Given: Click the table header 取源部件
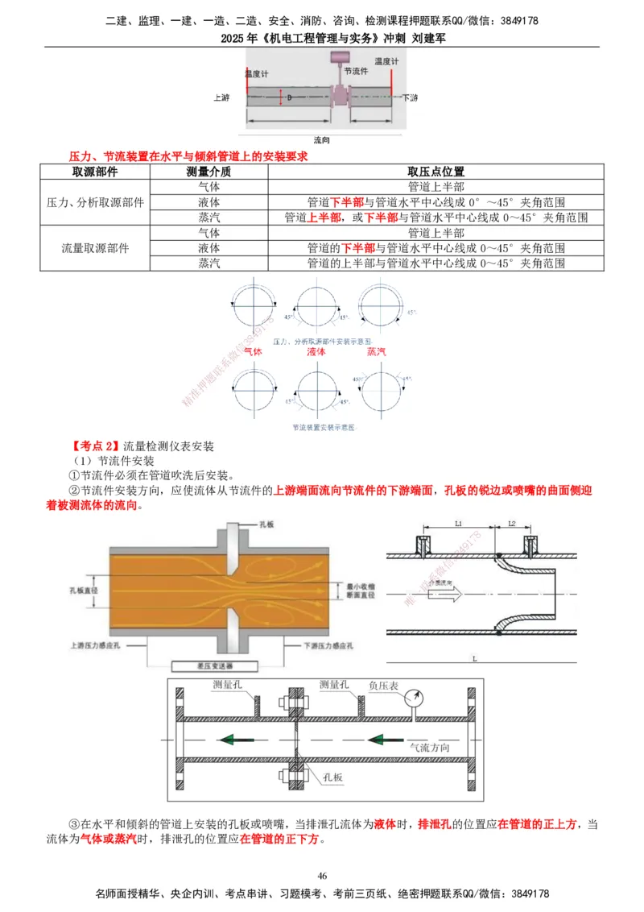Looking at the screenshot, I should [x=95, y=172].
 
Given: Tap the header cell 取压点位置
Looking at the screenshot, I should [x=436, y=172].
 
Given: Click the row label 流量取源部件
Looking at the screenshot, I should [x=95, y=248].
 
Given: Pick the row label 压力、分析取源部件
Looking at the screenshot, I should [x=95, y=202].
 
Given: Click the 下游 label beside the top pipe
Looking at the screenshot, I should [x=410, y=97].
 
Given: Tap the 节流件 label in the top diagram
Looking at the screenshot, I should [x=356, y=71].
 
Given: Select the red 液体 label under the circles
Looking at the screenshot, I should [x=316, y=352].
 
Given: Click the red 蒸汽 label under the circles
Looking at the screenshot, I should [x=377, y=352].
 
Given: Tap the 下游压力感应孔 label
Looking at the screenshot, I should [x=329, y=646].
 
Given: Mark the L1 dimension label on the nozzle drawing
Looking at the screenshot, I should [x=457, y=524].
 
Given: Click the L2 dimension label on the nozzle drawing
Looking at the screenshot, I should [x=511, y=524].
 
